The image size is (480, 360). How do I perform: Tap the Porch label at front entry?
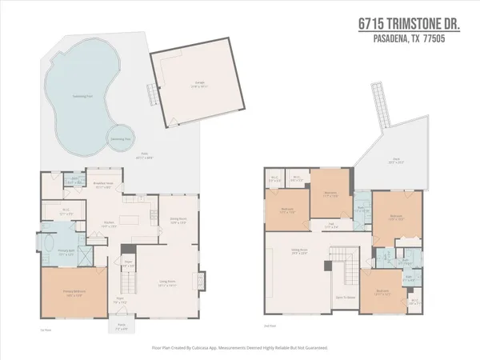[x=121, y=329]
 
